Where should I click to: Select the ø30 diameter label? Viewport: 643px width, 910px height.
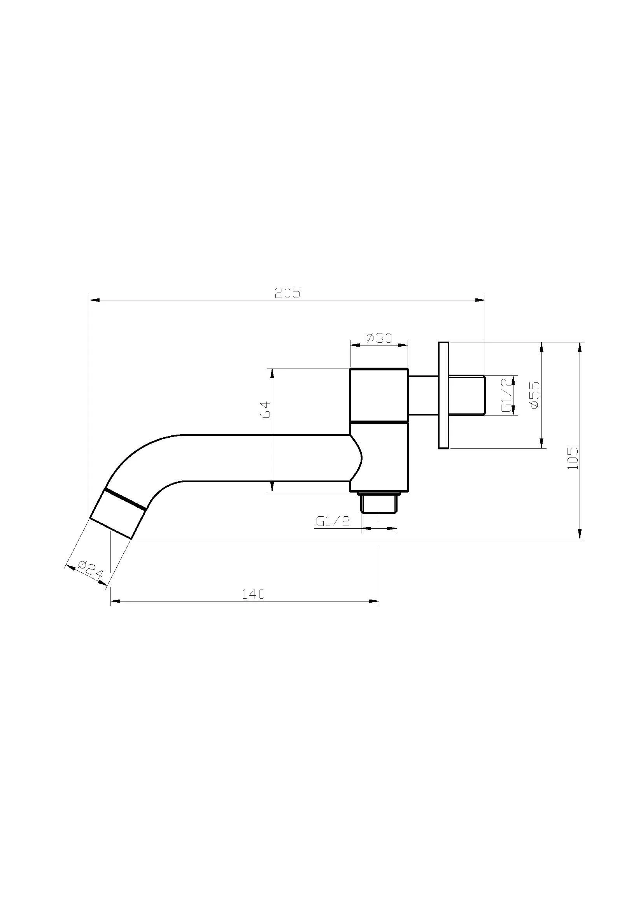(x=379, y=338)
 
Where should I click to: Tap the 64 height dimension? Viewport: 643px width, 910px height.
(x=265, y=409)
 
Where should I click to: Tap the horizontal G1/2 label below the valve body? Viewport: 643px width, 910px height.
(x=333, y=521)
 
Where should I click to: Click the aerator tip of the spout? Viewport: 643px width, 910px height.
(x=117, y=514)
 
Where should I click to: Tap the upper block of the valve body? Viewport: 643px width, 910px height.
(x=379, y=394)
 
